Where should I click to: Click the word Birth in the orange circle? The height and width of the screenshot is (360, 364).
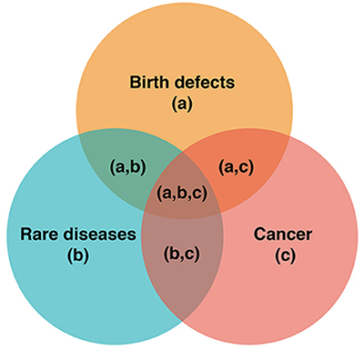(x=149, y=82)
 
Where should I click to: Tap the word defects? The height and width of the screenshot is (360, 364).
(x=205, y=82)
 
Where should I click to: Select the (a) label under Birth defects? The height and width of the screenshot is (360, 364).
(x=182, y=105)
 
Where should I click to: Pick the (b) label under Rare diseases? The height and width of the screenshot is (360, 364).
(x=78, y=256)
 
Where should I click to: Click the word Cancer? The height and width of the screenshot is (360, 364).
(x=283, y=235)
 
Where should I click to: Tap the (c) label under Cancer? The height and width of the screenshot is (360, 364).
(x=286, y=256)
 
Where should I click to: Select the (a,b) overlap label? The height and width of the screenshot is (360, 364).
(x=127, y=167)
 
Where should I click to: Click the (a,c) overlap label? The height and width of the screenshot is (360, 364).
(x=236, y=167)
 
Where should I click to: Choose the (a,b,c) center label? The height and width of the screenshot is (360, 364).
(x=182, y=194)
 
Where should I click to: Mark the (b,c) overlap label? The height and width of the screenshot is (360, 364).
(x=182, y=254)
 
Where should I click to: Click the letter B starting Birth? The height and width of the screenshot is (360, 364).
(x=135, y=82)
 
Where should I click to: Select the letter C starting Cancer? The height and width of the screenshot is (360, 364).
(x=259, y=235)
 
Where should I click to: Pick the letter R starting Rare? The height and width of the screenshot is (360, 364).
(x=25, y=235)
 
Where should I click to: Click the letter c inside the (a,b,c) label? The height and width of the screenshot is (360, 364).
(x=198, y=195)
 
